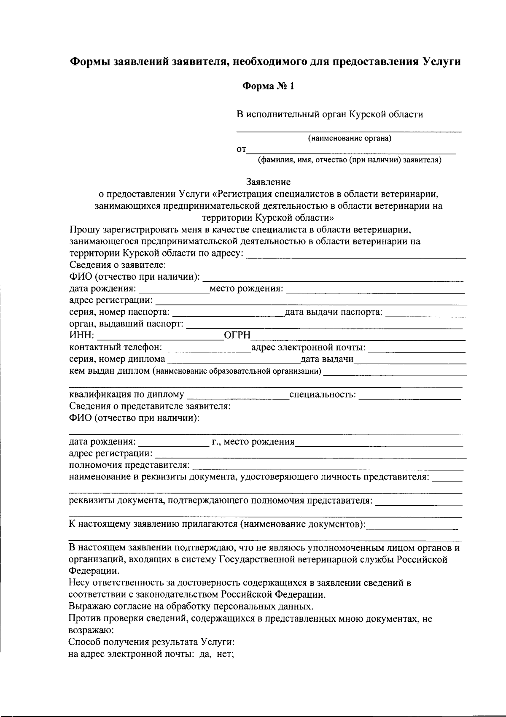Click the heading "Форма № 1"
tap(268, 87)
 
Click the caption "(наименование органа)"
tap(349, 138)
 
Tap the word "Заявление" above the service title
tap(269, 182)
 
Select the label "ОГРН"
tap(237, 335)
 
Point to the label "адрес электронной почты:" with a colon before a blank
tap(308, 348)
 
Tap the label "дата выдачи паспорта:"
tap(334, 312)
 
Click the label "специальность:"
tap(323, 395)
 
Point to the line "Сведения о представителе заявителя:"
tap(150, 407)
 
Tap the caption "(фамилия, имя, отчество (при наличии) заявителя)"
tap(350, 160)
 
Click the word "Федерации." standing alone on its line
tap(94, 571)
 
